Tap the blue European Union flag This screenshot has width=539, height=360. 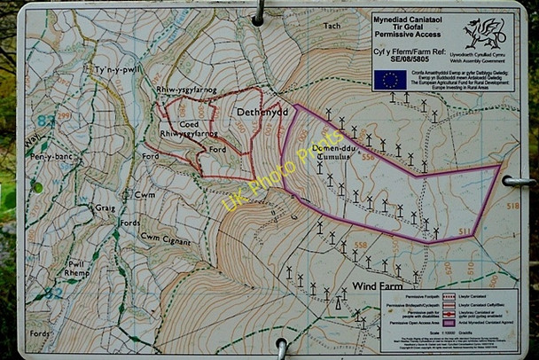pyautogui.click(x=390, y=80)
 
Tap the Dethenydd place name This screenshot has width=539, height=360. pyautogui.click(x=264, y=113)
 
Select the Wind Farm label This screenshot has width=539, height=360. pyautogui.click(x=378, y=286)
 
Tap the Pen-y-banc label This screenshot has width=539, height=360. pyautogui.click(x=50, y=156)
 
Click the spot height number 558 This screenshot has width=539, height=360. pyautogui.click(x=360, y=244)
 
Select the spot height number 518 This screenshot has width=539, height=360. pyautogui.click(x=512, y=205)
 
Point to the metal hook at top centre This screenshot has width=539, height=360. pyautogui.click(x=258, y=12)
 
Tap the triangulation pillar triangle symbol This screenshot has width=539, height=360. pyautogui.click(x=337, y=302)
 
